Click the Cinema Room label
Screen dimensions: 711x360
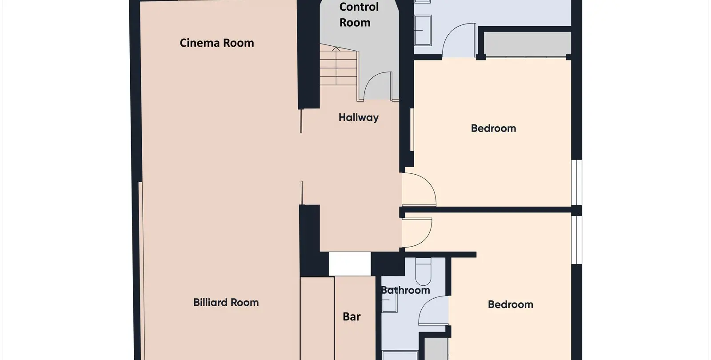tap(217, 43)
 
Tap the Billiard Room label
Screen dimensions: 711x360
tap(226, 302)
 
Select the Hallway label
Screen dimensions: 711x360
tap(358, 118)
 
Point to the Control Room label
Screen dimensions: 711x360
tap(359, 15)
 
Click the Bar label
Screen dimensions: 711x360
tap(352, 316)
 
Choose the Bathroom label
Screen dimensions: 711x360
tap(405, 290)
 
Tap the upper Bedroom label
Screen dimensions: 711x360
tap(493, 128)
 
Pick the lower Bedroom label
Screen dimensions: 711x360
tap(511, 304)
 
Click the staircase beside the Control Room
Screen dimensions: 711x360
tap(339, 64)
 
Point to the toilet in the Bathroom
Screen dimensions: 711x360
tap(423, 272)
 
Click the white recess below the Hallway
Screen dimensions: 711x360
tap(349, 264)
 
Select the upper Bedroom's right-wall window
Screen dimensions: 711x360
tap(577, 183)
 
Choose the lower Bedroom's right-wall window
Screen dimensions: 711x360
tap(577, 240)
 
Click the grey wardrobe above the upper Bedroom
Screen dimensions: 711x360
tap(527, 44)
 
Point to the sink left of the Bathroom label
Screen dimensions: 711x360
tap(389, 300)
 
